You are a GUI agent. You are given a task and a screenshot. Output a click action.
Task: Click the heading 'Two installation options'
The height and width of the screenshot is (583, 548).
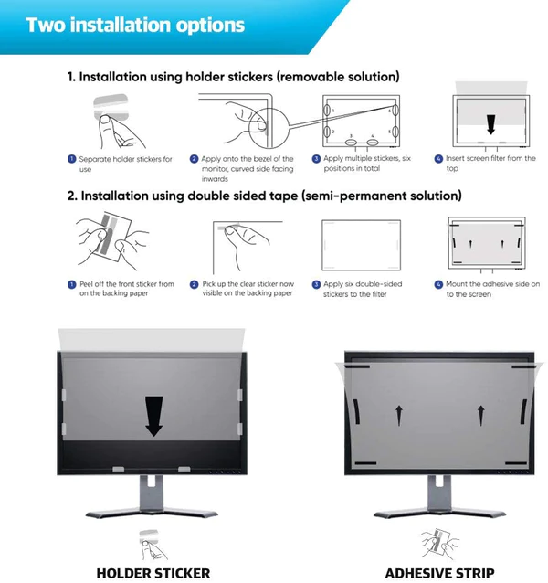pyautogui.click(x=135, y=24)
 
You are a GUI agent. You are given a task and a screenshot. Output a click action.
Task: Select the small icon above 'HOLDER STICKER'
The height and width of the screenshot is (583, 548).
pyautogui.click(x=152, y=541)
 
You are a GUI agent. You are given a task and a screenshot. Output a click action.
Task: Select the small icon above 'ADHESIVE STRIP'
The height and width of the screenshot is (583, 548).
pyautogui.click(x=438, y=543)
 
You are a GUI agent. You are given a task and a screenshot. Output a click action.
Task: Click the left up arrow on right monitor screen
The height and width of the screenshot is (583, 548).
pyautogui.click(x=398, y=416)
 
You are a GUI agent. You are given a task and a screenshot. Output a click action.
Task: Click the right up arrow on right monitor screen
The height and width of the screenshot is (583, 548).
pyautogui.click(x=480, y=416)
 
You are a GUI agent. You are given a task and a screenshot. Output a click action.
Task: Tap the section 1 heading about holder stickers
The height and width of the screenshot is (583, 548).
pyautogui.click(x=233, y=77)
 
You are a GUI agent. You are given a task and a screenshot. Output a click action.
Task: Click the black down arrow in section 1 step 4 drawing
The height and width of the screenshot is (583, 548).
pyautogui.click(x=490, y=123)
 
